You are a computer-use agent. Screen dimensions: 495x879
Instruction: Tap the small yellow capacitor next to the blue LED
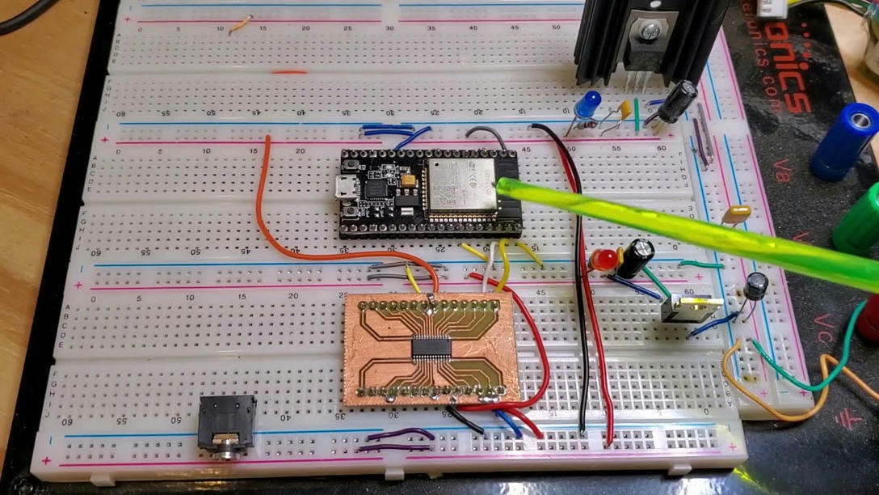(x=625, y=108)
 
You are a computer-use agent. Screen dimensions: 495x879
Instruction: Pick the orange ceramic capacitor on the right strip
(x=736, y=214)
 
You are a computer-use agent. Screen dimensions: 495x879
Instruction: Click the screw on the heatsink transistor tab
(x=648, y=31)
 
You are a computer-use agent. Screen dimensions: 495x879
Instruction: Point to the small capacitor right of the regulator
(x=756, y=286)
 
